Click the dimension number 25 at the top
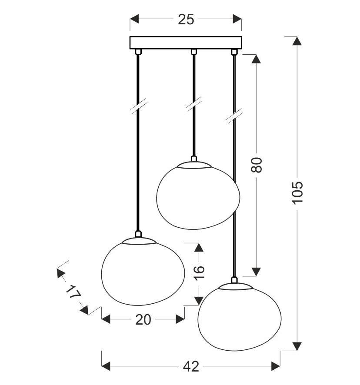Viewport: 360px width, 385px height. pos(186,19)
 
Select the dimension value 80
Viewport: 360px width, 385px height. pos(257,165)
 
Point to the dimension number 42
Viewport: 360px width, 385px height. pos(191,367)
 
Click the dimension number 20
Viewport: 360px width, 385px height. pos(143,320)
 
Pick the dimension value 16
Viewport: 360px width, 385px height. pos(199,272)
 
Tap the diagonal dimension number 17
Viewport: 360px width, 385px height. pos(73,292)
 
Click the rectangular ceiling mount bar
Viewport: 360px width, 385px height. pos(186,43)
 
